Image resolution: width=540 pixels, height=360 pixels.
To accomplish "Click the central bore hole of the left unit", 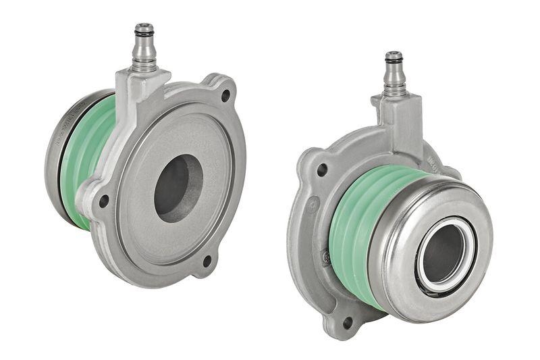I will tap(177, 188).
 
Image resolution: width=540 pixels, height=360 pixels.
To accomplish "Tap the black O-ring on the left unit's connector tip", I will tap(143, 30).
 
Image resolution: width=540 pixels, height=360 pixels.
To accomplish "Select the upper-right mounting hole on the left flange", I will tap(225, 95).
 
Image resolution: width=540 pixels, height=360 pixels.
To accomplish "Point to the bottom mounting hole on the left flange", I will tap(207, 260).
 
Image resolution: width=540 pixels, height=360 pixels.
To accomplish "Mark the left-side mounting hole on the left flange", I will tap(103, 201).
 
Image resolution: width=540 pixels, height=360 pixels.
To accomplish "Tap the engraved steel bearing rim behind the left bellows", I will tap(55, 155).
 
